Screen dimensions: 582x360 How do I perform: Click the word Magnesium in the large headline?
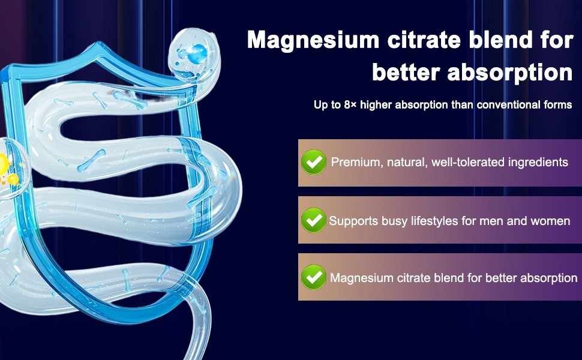(x=313, y=40)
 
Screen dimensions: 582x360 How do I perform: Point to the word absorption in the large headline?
(x=510, y=73)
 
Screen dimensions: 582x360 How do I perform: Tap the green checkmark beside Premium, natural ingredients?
(x=314, y=162)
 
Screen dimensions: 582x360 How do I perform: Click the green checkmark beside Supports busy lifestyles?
(x=314, y=220)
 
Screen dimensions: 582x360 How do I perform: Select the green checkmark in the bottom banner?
(x=314, y=277)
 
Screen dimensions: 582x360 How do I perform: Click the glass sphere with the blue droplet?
(x=192, y=55)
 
